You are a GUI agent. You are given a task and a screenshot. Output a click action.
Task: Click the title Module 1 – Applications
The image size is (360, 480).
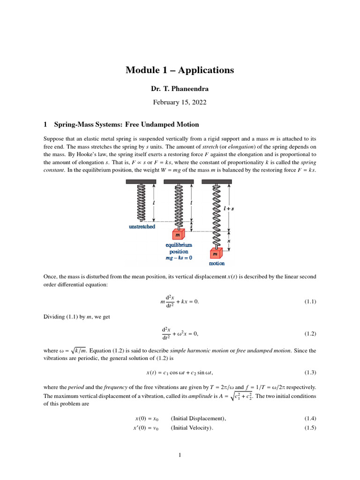180,70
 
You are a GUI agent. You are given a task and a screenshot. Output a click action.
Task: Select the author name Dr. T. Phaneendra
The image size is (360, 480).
180,89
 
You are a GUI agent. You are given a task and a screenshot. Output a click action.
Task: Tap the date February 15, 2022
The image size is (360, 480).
180,101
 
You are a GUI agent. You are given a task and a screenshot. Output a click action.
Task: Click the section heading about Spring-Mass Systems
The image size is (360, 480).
121,125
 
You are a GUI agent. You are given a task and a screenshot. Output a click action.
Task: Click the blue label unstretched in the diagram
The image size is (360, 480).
142,226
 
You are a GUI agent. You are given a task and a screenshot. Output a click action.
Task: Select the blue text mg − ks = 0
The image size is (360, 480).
178,257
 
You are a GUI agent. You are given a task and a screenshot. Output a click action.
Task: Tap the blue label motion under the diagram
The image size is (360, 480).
217,263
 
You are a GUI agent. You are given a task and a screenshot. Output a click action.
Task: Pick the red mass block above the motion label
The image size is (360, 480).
216,254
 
